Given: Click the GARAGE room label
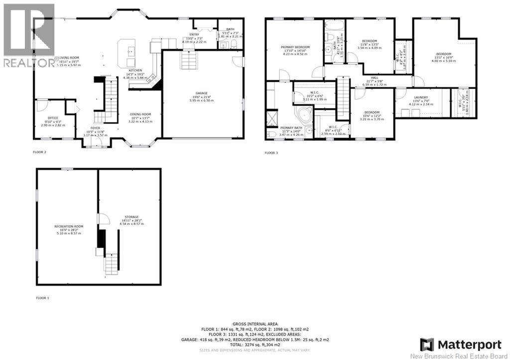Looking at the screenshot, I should pos(201,93).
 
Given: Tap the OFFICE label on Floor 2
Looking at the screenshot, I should pos(52,118).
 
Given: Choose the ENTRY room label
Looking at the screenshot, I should pos(194,34).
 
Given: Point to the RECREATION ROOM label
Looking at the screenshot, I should pos(69,226).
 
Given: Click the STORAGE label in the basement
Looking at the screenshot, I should pos(131,217).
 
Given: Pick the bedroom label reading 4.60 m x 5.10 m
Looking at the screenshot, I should pos(443,54).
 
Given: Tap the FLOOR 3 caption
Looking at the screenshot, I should pos(271,153).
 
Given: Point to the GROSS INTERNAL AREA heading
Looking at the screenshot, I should pos(255,324).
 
